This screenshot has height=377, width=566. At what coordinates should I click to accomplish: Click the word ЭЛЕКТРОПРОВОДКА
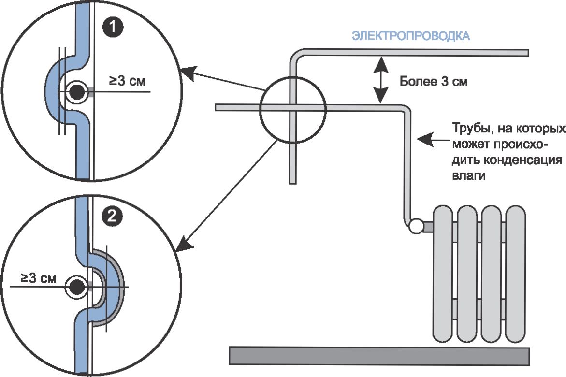click(411, 37)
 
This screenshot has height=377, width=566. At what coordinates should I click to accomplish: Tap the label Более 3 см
click(433, 81)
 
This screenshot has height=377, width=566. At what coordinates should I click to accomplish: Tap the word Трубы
click(469, 130)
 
